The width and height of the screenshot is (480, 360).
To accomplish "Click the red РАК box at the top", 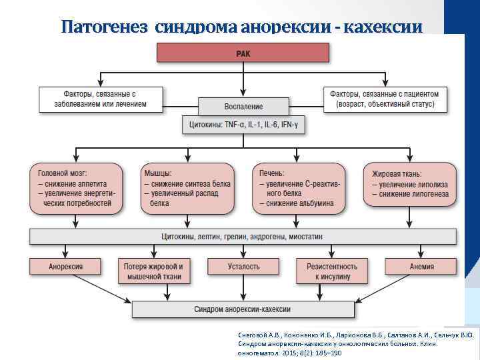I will (243, 53).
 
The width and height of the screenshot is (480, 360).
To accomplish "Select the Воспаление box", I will (243, 106).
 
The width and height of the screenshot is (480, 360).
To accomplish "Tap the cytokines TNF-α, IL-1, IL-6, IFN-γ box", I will (243, 124).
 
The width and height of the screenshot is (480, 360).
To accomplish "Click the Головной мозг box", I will (76, 188).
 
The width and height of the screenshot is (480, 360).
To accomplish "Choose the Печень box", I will (301, 188).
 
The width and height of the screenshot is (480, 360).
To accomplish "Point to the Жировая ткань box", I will (409, 184).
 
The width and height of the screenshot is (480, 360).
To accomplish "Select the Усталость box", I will (243, 267).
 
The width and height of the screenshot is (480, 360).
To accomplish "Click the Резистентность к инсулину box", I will (332, 271).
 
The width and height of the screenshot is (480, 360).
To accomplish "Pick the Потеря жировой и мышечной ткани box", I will (153, 271).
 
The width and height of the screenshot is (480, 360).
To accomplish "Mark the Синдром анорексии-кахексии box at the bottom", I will (243, 309).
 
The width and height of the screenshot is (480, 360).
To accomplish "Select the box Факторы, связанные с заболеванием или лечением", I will (101, 99).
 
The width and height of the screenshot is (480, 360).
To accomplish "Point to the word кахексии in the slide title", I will (385, 27).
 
